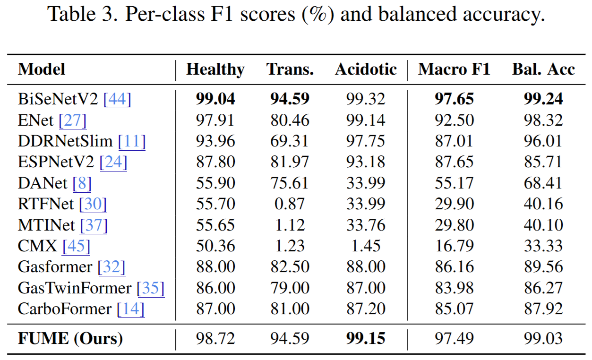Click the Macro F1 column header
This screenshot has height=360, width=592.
coord(454,69)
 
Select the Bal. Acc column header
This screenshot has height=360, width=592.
coord(543,69)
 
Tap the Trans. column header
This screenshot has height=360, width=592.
coord(290,69)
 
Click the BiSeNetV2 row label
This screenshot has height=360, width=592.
coord(58,99)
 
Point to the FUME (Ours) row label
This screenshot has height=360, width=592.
coord(70,338)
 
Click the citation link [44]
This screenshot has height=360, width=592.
coord(117,99)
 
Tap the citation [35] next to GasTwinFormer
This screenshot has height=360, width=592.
coord(150,288)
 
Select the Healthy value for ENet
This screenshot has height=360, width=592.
coord(215,120)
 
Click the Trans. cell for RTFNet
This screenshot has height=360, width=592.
coord(290,204)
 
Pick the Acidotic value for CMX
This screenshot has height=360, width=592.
coord(366,246)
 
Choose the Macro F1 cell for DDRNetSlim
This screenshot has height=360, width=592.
coord(454,141)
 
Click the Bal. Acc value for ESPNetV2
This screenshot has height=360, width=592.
coord(543,162)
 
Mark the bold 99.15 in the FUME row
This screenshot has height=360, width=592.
coord(366,338)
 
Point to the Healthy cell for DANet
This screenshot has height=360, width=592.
coord(215,183)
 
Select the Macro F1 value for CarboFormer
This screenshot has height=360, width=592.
coord(454,309)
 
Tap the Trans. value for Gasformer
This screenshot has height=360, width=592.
coord(290,267)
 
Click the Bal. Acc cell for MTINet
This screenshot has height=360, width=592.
coord(543,225)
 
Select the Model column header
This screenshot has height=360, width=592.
coord(42,69)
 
